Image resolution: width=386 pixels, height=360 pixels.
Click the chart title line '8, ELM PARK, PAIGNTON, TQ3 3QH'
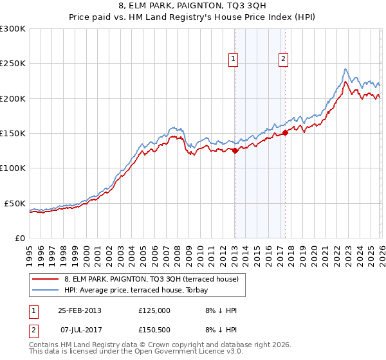192,7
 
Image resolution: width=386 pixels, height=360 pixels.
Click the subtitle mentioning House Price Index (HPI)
192,18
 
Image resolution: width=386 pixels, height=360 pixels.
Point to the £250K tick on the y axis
13,64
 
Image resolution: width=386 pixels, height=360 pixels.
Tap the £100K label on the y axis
13,168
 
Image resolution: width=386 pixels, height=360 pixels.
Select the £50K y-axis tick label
15,203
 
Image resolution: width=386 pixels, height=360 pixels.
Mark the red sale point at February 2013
235,151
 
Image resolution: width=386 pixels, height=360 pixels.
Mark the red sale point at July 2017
285,133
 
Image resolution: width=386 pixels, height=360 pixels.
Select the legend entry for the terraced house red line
151,279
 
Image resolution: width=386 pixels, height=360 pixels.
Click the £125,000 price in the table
154,310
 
